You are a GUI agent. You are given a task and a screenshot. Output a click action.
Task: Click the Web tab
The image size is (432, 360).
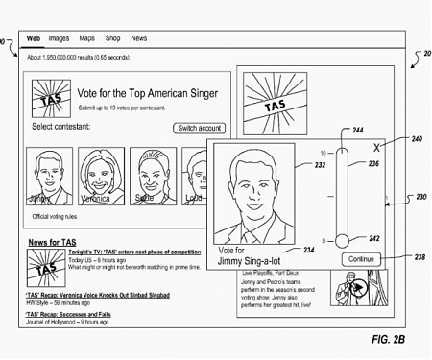click(x=33, y=39)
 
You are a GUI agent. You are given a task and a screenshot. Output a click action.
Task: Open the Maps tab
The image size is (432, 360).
click(x=87, y=39)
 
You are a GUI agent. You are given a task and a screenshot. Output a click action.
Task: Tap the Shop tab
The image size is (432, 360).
click(x=113, y=39)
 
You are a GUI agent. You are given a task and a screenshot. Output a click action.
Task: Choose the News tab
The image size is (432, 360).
click(x=139, y=39)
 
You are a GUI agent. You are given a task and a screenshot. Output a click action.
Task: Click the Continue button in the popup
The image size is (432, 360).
click(x=360, y=258)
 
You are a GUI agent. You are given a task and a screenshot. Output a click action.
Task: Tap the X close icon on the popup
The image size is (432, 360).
click(x=376, y=149)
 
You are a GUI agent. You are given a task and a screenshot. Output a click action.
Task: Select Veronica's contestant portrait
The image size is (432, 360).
click(x=98, y=175)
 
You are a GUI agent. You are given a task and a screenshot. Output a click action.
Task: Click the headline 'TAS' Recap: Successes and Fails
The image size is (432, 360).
click(x=69, y=314)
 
